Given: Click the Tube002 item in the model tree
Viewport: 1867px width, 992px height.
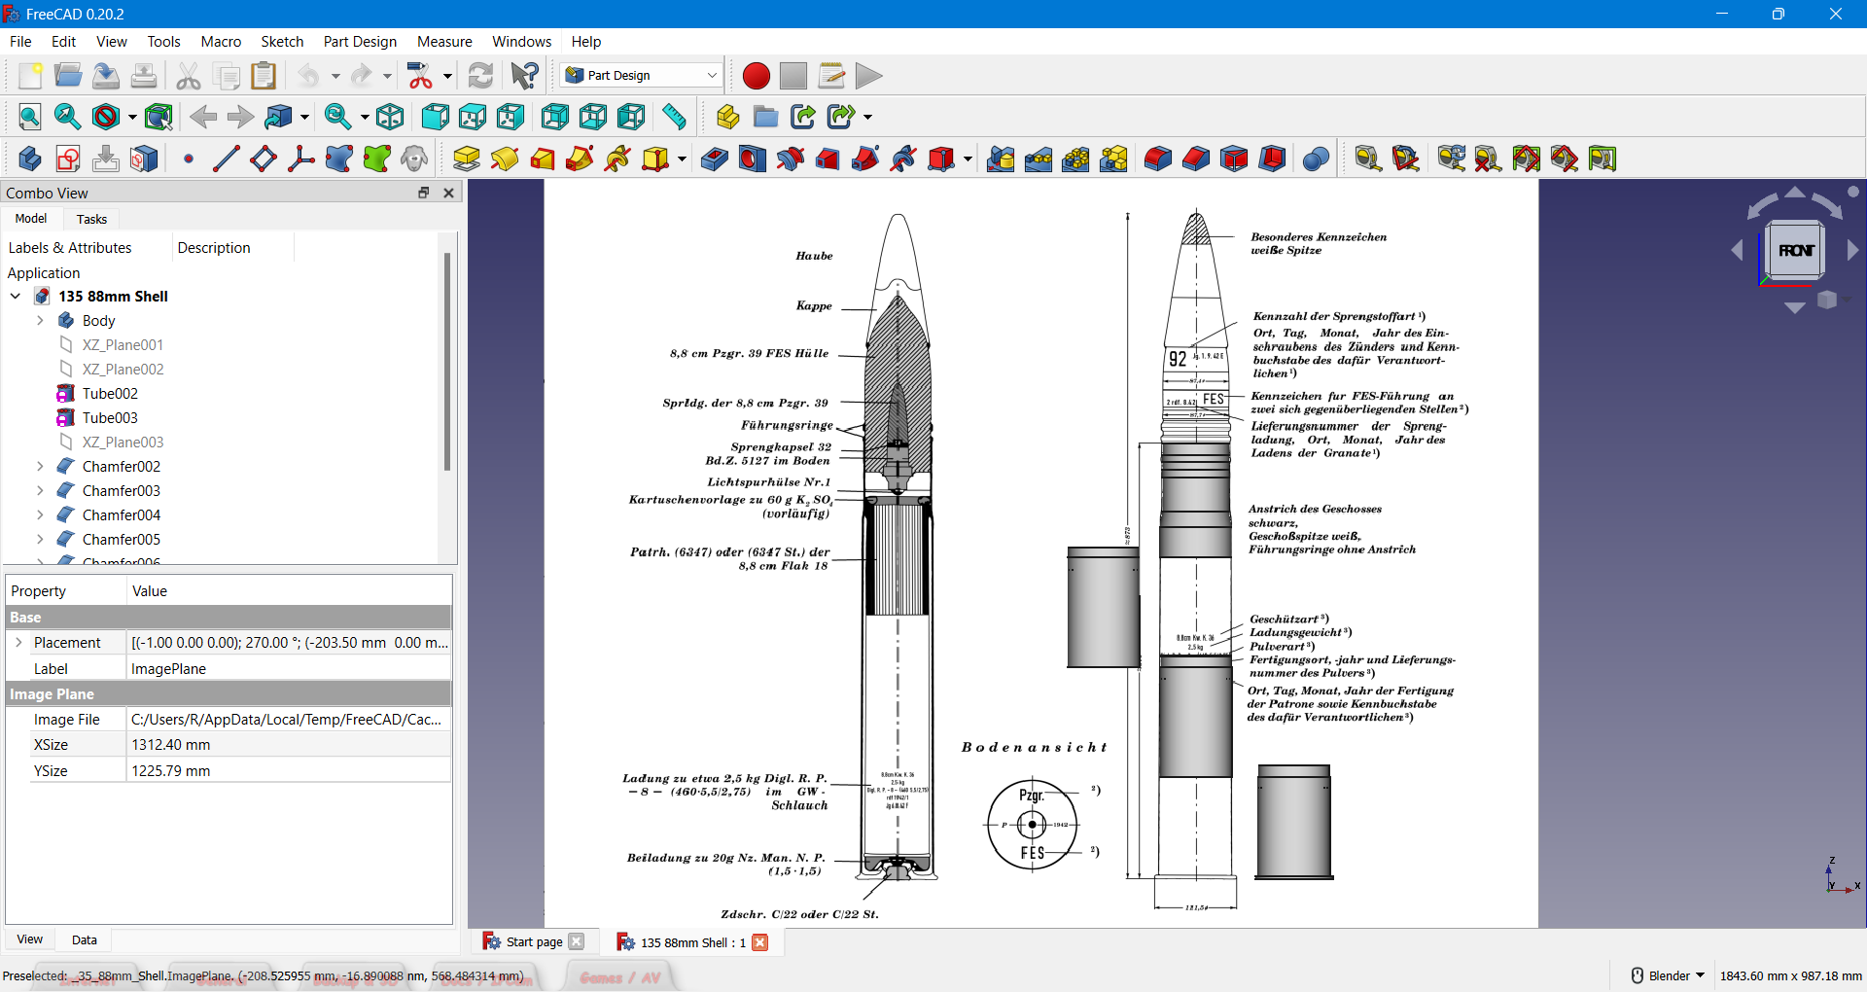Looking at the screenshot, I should (x=110, y=393).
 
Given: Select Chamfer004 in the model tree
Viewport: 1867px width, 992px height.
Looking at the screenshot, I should (x=121, y=514).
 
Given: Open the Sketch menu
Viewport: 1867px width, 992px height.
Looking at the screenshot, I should (x=282, y=41).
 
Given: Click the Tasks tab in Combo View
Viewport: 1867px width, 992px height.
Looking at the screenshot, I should (x=91, y=219).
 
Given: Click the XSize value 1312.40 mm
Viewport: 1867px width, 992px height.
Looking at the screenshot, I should (x=171, y=744).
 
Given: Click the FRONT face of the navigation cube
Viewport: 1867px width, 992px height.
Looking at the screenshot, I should (x=1795, y=250).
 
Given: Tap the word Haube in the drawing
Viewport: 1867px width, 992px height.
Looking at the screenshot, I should (x=814, y=256).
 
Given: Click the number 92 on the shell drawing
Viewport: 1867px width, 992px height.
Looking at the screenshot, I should (x=1178, y=359).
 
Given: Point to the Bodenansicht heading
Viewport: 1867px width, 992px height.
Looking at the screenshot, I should (x=1034, y=747).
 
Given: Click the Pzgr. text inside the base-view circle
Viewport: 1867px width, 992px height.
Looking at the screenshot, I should (x=1032, y=795).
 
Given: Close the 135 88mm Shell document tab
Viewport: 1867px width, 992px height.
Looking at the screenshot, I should (x=760, y=941).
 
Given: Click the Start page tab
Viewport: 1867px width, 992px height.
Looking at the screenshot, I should (x=534, y=941).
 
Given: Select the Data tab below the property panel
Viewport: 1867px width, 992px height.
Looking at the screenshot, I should (x=85, y=939).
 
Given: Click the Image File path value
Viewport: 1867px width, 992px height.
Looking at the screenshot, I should (x=286, y=719).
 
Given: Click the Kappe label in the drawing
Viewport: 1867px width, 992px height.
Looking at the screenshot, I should (x=814, y=305).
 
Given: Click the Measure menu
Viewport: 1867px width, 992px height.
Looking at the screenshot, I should (x=444, y=41).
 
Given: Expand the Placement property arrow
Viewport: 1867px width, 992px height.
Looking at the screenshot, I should (x=18, y=642).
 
